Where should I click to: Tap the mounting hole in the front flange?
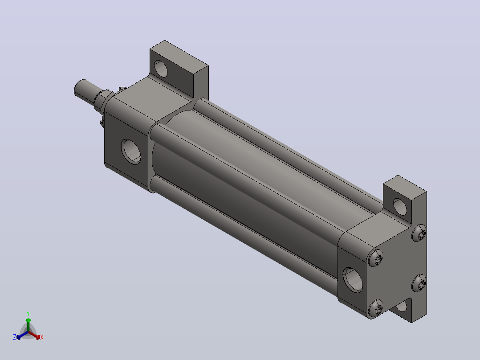click(161, 68)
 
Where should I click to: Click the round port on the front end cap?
click(131, 151)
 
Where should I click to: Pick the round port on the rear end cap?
click(353, 279)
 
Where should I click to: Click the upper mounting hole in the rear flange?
click(400, 206)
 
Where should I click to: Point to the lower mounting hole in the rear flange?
click(401, 306)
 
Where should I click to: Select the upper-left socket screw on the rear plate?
click(376, 258)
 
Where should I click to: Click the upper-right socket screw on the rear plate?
click(419, 233)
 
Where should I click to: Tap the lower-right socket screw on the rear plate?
click(419, 283)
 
